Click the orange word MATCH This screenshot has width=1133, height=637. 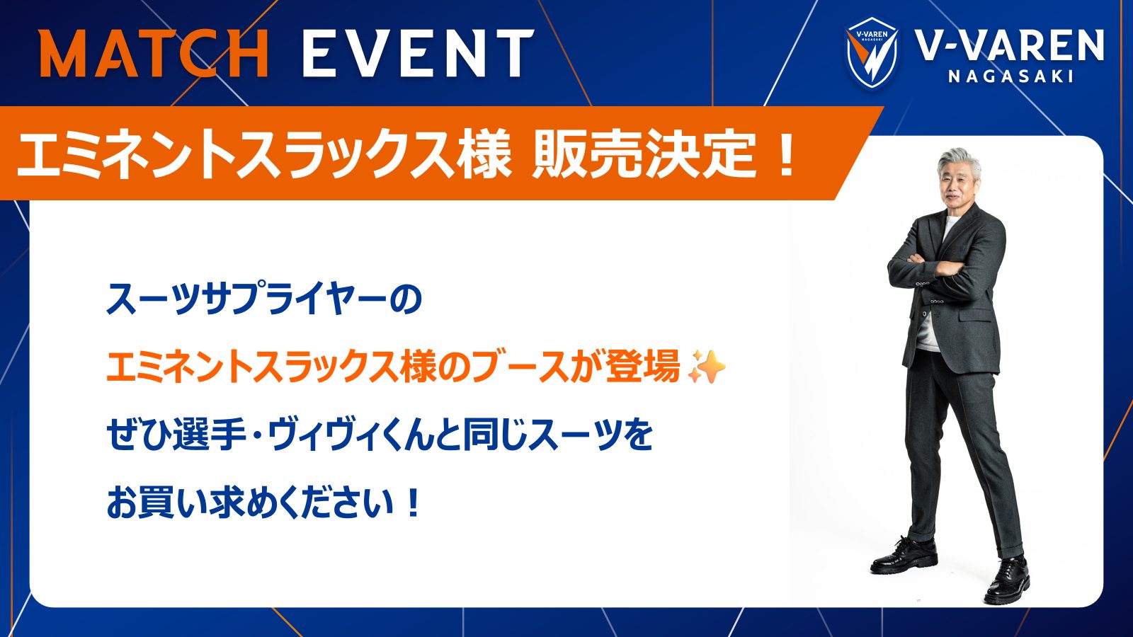(154, 54)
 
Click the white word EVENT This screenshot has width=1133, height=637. (418, 54)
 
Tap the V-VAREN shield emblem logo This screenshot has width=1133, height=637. (872, 53)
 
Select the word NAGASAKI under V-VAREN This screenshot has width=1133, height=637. (1010, 76)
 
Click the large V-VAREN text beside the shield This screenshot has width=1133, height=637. (1009, 45)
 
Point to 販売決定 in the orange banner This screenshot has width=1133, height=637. (643, 154)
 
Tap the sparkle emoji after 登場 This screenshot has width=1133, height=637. (707, 367)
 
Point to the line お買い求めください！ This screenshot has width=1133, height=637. (263, 503)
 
